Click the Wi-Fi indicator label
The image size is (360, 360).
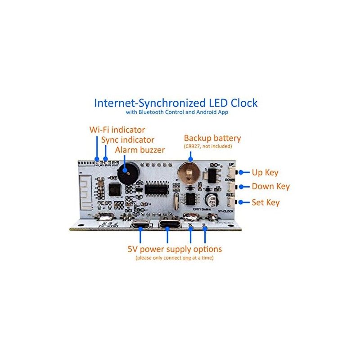coord(117,130)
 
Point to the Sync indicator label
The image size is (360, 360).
coord(127,140)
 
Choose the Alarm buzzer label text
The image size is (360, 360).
coord(140,150)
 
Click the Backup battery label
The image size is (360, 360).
coord(212,138)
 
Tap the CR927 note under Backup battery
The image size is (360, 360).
coord(207,146)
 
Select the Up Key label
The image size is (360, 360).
coord(265,172)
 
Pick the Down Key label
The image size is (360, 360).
coord(270,187)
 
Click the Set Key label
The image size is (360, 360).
coord(265,202)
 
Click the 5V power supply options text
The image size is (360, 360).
coord(174,249)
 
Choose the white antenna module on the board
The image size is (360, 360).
coord(87,191)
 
